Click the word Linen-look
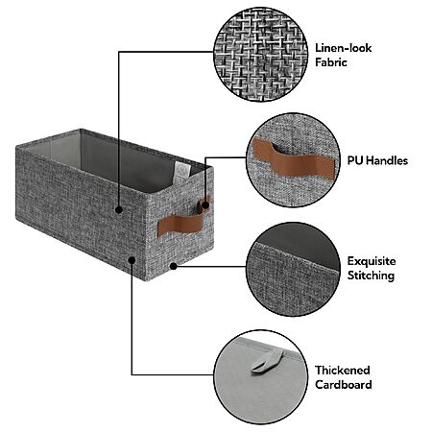343,48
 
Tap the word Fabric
331,62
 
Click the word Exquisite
372,261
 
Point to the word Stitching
371,276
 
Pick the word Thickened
343,371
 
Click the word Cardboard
344,384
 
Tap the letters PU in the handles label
355,160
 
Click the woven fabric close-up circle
260,55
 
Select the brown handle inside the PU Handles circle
294,159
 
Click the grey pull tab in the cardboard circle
267,363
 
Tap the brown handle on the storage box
180,223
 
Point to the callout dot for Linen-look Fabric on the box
119,210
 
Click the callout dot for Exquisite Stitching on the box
173,266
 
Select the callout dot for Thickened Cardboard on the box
132,260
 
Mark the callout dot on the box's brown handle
205,204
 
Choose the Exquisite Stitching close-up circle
293,270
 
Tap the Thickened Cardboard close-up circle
260,377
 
